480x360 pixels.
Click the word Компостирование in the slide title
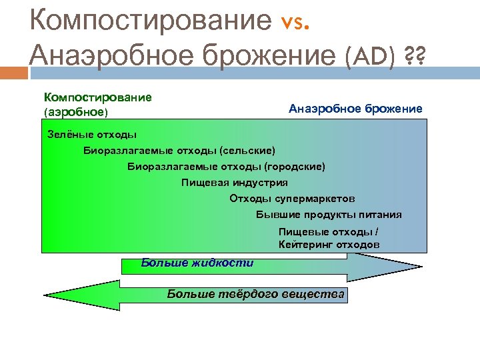click(151, 20)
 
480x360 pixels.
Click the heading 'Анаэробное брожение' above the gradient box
click(355, 108)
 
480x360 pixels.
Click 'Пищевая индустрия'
click(235, 182)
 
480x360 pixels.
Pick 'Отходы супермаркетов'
click(292, 199)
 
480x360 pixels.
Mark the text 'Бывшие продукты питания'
click(329, 215)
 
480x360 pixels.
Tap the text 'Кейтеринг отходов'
click(329, 245)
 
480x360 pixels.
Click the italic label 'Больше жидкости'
click(197, 263)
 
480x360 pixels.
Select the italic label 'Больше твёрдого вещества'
click(255, 293)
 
